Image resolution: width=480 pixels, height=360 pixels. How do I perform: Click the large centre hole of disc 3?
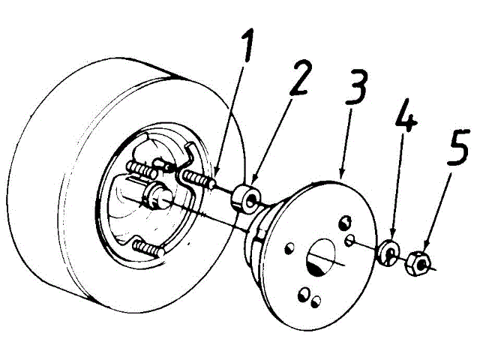pyautogui.click(x=322, y=255)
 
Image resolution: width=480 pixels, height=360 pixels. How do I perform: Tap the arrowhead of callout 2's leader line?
pyautogui.click(x=253, y=184)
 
